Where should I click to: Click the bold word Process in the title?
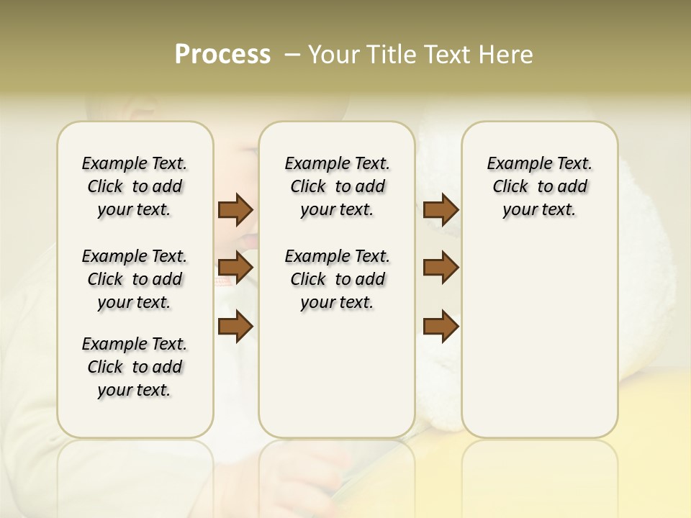tap(222, 54)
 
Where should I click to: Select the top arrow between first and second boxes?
tap(235, 209)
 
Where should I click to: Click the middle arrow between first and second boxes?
tap(235, 268)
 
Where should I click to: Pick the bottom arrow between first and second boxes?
tap(235, 327)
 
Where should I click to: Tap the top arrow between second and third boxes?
tap(441, 209)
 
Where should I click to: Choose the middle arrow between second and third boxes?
tap(441, 268)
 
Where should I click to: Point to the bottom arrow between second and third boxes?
tap(441, 327)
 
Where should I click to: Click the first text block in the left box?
tap(135, 186)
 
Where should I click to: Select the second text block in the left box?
tap(135, 279)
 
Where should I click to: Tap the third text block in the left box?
tap(135, 367)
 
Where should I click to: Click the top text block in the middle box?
tap(337, 186)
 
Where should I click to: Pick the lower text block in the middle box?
tap(337, 279)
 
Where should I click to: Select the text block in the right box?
tap(539, 186)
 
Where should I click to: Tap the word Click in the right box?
tap(510, 187)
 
